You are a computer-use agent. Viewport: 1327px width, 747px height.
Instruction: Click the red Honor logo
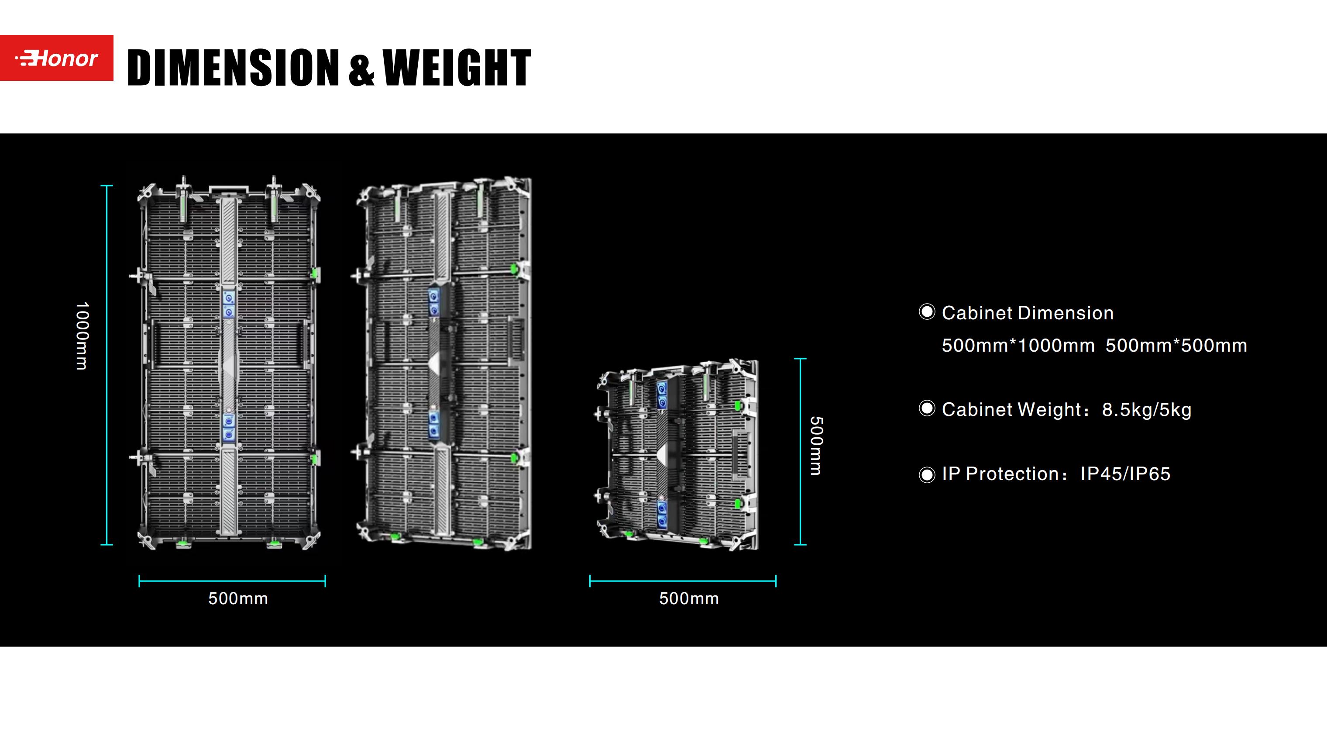[57, 58]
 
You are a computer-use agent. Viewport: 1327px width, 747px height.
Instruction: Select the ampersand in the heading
[361, 69]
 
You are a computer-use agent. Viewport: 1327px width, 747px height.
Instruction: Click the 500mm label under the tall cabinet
[238, 598]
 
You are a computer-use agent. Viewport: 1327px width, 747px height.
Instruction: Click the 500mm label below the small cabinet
[689, 598]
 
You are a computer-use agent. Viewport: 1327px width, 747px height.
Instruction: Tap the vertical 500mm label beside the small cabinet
[816, 446]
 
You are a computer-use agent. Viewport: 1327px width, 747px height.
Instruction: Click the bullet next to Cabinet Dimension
[927, 312]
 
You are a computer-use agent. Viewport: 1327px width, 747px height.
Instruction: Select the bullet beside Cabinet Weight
[927, 409]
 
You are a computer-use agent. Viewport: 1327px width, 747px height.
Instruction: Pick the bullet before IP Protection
[927, 474]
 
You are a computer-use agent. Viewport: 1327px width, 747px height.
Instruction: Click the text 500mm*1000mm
[1018, 346]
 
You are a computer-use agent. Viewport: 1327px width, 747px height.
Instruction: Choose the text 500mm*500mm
[1176, 346]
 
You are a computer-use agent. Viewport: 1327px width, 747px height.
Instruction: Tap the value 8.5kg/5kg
[1147, 410]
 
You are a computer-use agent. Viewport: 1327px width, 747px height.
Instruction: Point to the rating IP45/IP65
[1125, 474]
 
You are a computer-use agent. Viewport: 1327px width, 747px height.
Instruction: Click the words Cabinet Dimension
[1028, 313]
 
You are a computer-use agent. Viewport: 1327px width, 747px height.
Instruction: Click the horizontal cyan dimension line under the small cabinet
[683, 581]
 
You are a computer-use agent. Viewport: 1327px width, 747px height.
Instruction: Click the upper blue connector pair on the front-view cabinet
[229, 304]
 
